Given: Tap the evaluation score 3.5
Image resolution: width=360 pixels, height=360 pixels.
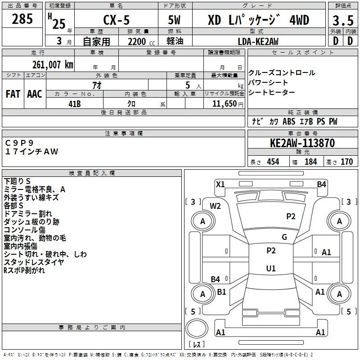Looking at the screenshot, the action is point(342,21).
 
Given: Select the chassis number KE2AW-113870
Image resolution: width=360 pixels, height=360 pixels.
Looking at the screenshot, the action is point(302,143).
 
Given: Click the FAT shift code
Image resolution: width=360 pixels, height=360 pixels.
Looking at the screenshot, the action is point(13,94).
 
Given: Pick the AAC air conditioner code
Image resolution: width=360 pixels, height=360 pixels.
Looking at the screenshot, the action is point(34,94).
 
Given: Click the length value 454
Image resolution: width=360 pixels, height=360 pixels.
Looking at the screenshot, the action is point(272,162).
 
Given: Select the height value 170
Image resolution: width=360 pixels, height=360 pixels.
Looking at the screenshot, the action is point(346,162).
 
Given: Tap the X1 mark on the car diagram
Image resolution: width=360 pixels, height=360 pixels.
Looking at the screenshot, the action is point(220,184).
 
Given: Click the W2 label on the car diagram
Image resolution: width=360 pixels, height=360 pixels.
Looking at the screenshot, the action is point(216,206).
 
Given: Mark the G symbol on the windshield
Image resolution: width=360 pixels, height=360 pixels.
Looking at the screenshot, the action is point(284,237).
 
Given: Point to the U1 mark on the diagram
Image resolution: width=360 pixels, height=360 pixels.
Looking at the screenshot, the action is point(271,269).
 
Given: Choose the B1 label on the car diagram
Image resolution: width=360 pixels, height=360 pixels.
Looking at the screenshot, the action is point(221,292).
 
